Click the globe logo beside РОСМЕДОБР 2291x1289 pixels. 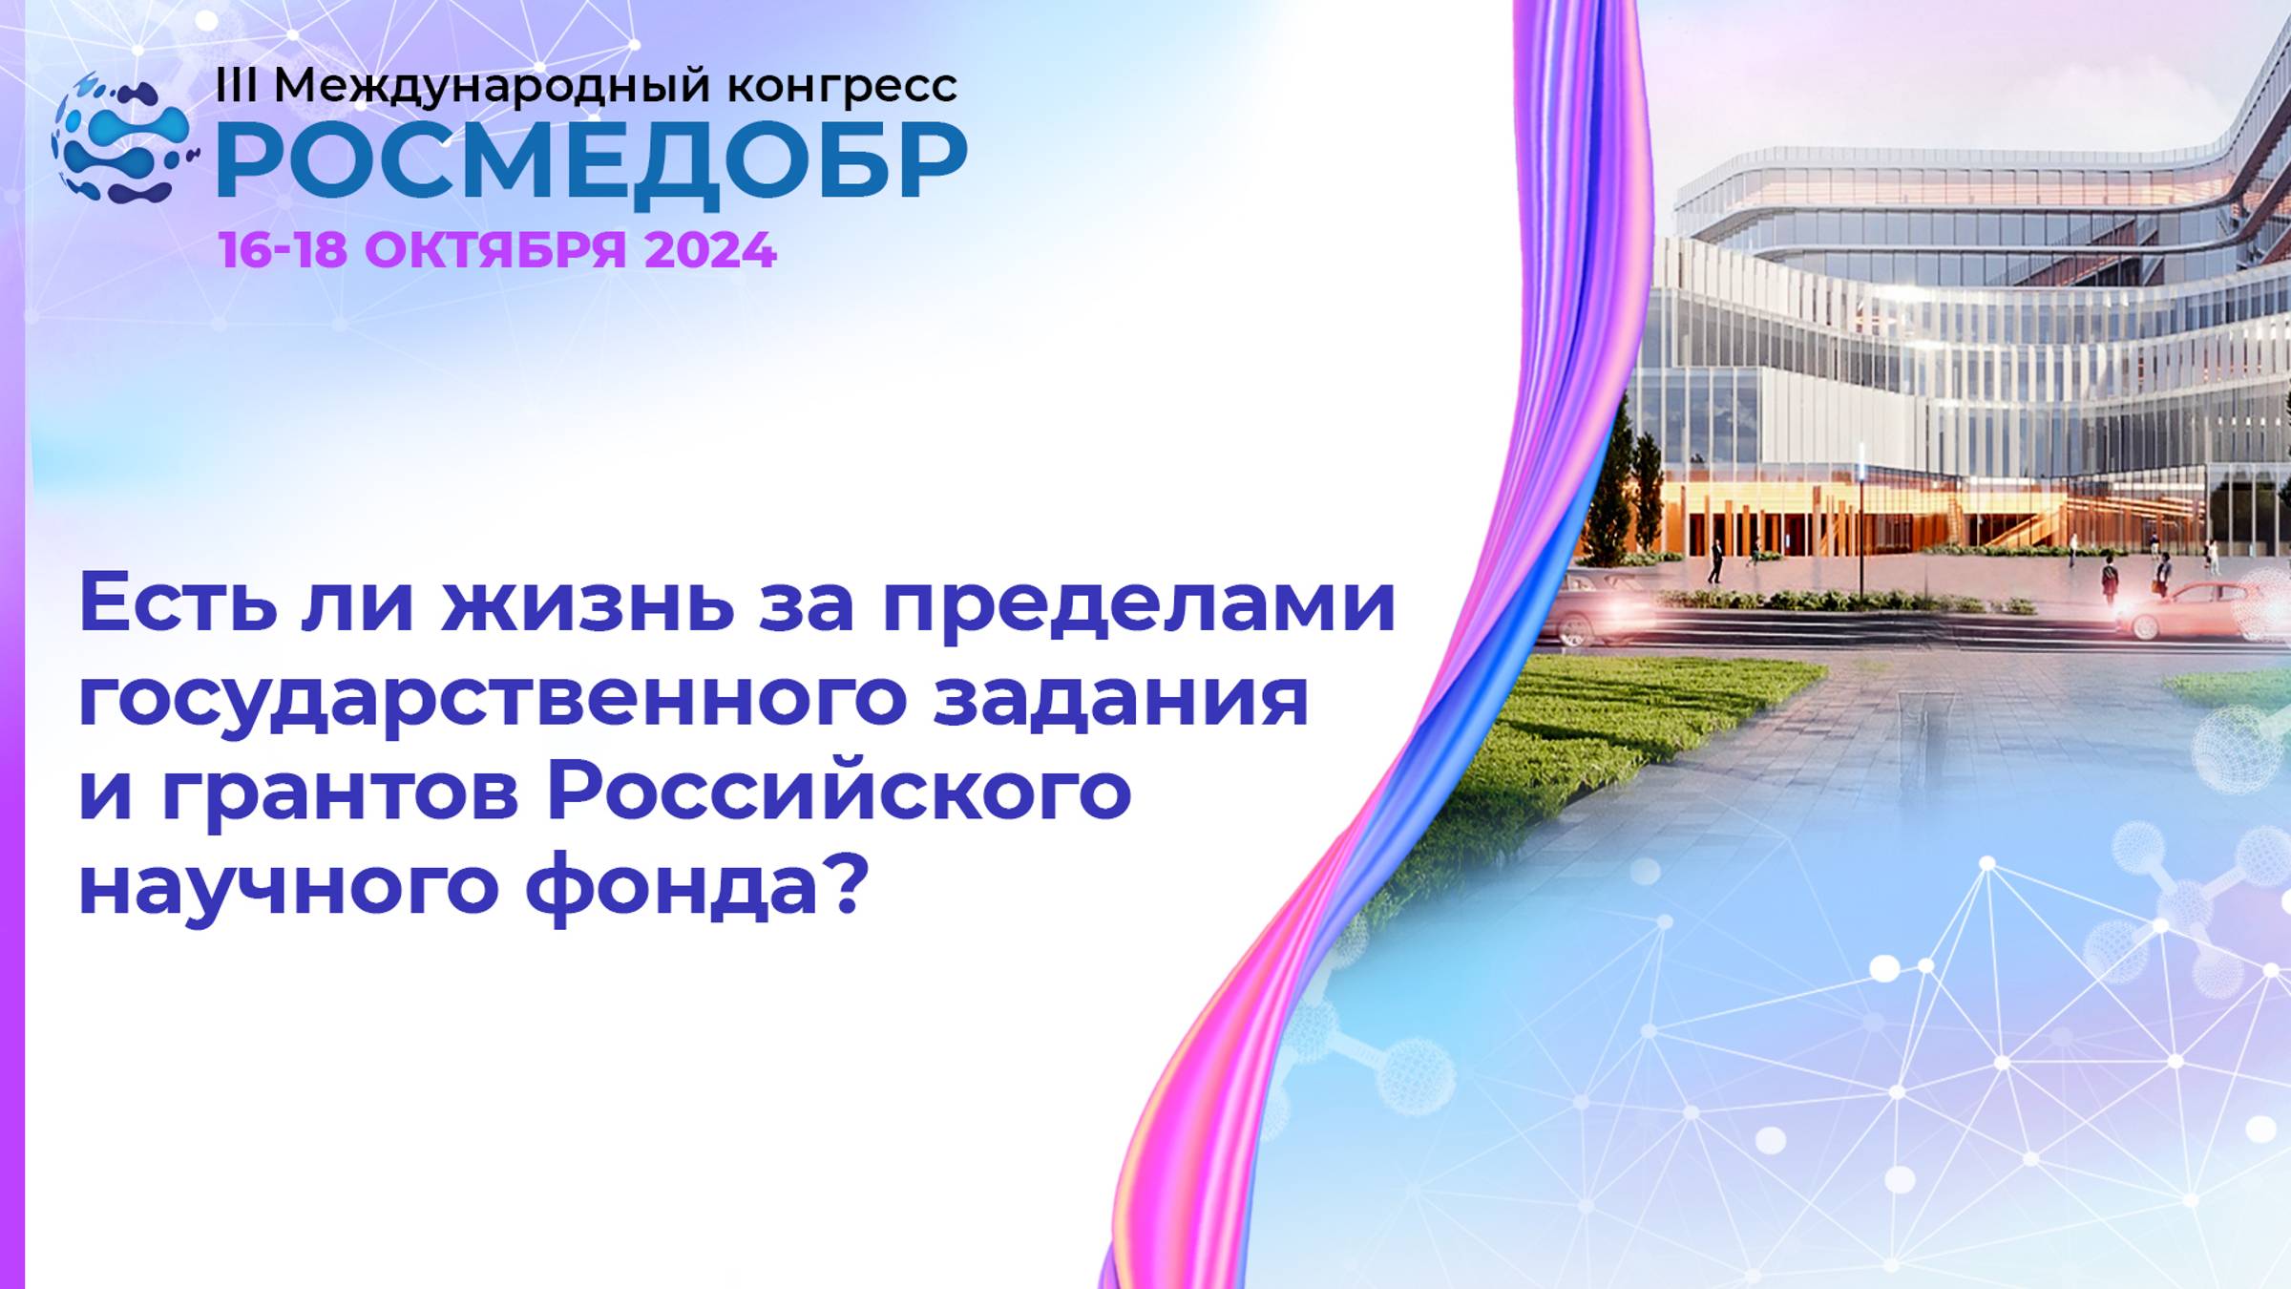122,138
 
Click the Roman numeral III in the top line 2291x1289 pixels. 236,86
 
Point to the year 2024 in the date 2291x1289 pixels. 710,250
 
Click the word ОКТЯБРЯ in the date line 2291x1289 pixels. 494,250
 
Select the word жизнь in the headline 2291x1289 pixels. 587,603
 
